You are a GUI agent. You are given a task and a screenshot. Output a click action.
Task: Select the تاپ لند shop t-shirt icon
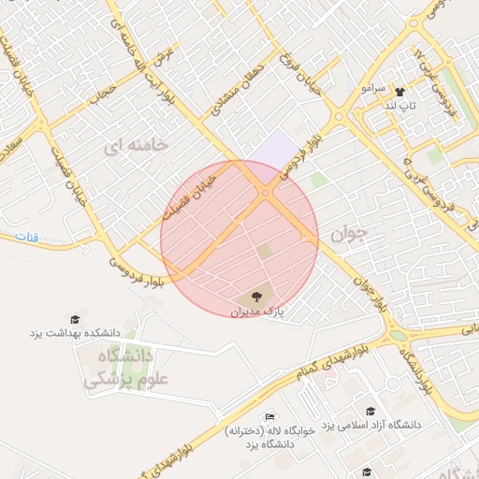(400, 93)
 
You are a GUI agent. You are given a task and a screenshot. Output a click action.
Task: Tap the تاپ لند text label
(400, 107)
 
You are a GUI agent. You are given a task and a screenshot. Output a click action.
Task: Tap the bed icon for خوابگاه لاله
(270, 416)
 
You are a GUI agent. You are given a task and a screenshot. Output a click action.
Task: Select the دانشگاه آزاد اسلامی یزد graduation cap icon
(371, 411)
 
